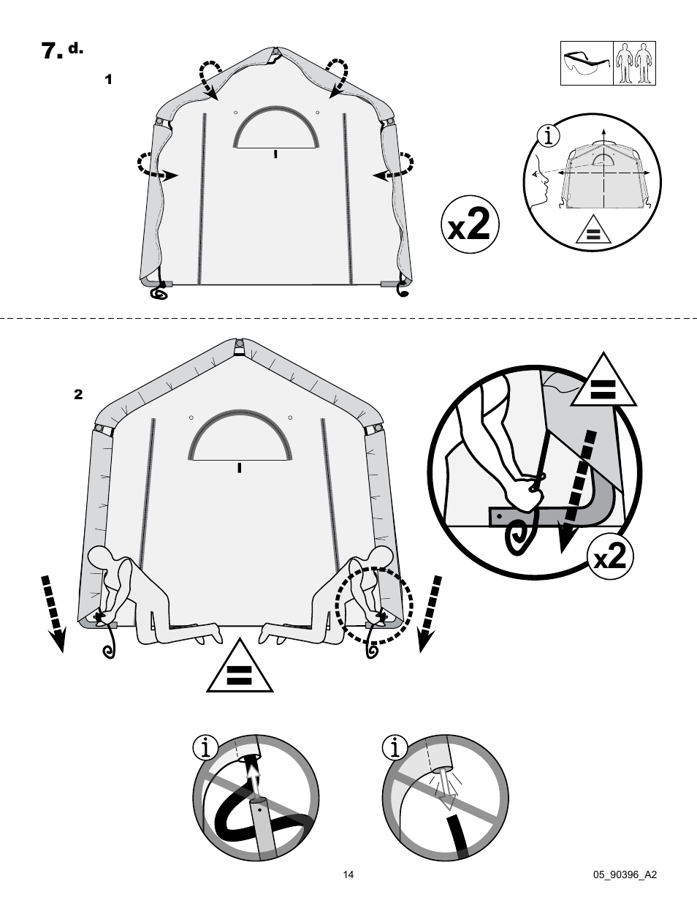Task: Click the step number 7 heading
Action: (x=50, y=50)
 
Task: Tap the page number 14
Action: (x=348, y=874)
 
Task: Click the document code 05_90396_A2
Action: (x=625, y=874)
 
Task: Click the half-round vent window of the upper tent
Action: (x=275, y=127)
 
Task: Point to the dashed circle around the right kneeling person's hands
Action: (x=374, y=606)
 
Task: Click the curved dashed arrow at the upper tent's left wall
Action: (x=155, y=165)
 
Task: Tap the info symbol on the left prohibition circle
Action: (x=207, y=747)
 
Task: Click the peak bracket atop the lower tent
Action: (x=239, y=347)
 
